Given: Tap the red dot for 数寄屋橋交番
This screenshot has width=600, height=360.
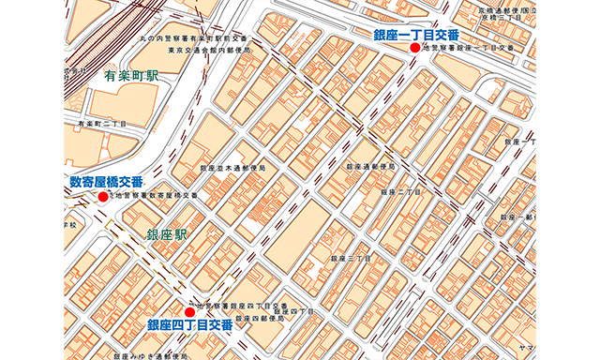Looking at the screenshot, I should (103, 197).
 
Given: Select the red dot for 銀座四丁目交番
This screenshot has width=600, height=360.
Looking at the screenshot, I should (190, 311).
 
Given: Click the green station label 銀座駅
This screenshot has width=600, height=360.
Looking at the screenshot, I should (166, 233).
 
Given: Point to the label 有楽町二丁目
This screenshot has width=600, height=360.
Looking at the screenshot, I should (102, 123).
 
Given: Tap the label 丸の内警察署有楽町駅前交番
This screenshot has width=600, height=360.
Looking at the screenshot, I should (197, 38).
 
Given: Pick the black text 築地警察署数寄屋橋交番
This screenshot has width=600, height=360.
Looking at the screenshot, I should (156, 196).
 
